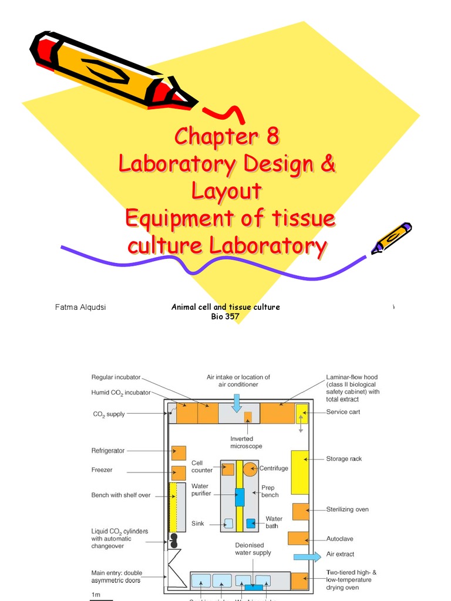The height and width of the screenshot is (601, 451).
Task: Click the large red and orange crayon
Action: point(112,70)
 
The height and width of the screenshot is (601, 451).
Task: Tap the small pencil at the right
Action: point(392,238)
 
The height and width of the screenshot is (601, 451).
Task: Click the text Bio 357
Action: point(225,316)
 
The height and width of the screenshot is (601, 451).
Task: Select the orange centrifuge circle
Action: point(251,469)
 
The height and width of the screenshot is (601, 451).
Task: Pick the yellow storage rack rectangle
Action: point(299,472)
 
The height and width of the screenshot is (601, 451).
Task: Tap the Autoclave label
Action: point(340,539)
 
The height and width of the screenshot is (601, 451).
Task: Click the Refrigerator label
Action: point(108,451)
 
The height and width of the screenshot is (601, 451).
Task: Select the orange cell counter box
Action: point(228,470)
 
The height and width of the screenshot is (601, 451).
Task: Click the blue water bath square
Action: point(251,523)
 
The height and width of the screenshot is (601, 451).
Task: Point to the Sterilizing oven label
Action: point(347,509)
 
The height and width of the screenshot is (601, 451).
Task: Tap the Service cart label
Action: point(343,412)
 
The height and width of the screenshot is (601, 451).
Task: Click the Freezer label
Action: point(102,470)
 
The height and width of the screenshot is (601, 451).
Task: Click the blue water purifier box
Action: point(239,497)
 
